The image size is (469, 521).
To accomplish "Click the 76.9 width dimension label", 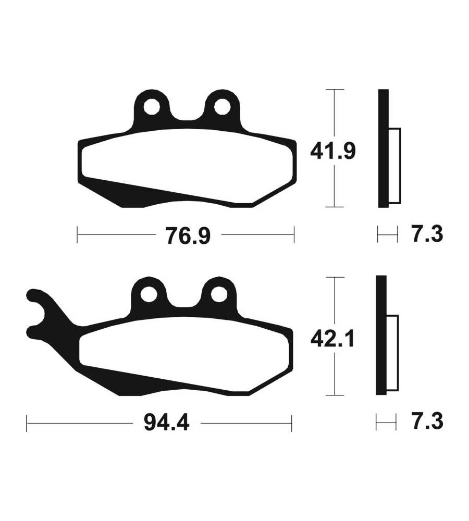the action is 189,236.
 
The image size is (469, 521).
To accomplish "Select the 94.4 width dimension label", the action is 167,423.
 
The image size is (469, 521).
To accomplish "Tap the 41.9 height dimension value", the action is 332,151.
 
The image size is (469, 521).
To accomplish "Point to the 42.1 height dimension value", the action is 332,339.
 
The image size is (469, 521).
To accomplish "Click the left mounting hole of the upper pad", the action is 152,107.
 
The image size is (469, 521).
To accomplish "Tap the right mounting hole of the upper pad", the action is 221,107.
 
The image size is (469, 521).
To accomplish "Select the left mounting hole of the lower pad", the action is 149,294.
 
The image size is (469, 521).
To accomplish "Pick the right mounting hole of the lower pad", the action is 219,294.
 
